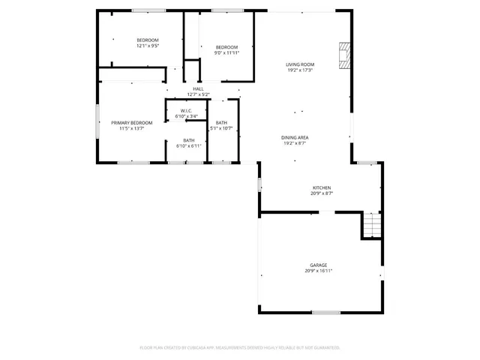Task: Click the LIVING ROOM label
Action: [x=299, y=64]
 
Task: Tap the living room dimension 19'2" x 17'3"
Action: [x=299, y=70]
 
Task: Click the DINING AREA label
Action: [x=295, y=137]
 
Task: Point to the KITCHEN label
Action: [x=322, y=187]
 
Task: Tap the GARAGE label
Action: [x=319, y=265]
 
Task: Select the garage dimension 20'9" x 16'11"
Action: [x=319, y=271]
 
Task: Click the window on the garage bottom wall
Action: [x=326, y=312]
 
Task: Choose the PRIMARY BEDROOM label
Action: [x=131, y=122]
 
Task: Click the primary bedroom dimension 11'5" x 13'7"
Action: [x=131, y=128]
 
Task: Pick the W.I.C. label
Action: [x=187, y=111]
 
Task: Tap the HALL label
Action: [x=198, y=88]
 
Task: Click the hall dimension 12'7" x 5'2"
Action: [x=198, y=94]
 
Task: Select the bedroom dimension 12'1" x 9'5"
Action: [x=148, y=46]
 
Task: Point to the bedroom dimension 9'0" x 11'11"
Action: [x=226, y=52]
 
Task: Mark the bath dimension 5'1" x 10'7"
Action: [x=222, y=128]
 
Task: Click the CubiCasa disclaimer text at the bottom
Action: [x=240, y=348]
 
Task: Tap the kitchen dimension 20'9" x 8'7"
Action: [x=322, y=193]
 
